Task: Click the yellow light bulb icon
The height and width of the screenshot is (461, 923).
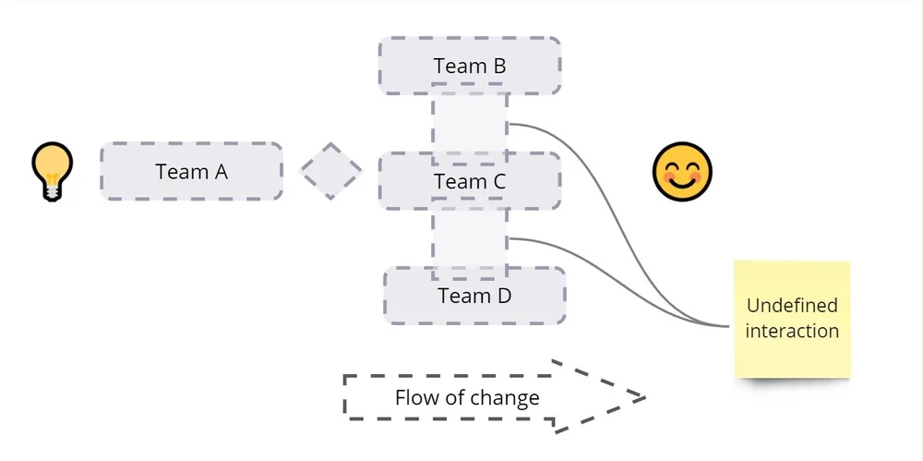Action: [52, 170]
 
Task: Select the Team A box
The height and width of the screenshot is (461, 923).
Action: [191, 172]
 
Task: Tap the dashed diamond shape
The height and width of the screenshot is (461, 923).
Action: [331, 172]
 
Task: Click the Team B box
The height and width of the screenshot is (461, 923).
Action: [470, 66]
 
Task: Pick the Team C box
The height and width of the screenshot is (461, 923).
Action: [470, 182]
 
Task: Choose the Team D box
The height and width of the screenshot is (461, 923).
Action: [474, 296]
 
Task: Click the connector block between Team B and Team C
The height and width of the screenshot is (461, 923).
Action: [470, 123]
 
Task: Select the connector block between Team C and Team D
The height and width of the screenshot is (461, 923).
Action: [470, 238]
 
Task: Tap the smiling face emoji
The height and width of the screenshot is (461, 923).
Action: [682, 172]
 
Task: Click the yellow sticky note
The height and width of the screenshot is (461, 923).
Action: [792, 319]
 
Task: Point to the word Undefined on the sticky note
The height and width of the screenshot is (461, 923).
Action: [792, 306]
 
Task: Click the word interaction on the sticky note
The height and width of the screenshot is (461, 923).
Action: [792, 331]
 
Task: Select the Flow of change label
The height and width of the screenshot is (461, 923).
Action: [467, 398]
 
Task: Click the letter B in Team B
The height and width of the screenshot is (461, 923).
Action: [498, 67]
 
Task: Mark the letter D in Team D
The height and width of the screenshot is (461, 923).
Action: [503, 297]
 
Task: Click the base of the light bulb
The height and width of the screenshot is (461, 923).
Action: [52, 191]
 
